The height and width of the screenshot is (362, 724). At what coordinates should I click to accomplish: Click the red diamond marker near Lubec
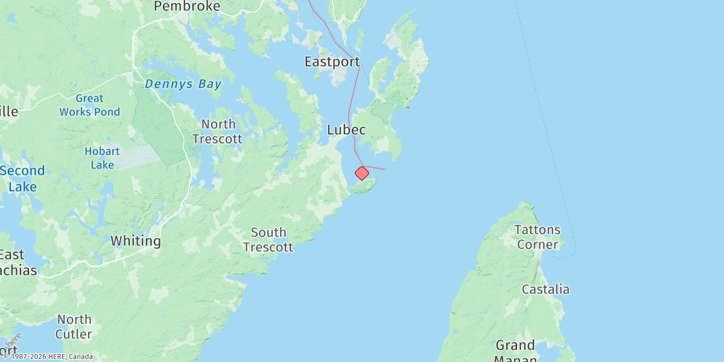point(362,174)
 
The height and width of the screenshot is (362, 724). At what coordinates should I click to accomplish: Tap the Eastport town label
point(332,62)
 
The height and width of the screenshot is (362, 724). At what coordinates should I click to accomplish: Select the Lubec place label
point(346,130)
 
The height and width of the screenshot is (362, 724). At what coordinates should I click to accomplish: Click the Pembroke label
point(187,6)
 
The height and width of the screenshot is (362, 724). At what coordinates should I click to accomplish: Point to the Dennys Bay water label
point(183,84)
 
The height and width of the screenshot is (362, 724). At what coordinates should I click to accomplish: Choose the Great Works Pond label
point(90,105)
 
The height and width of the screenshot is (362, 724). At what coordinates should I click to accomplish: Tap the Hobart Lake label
point(102,158)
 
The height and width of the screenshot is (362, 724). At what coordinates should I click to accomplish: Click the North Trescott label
point(218,132)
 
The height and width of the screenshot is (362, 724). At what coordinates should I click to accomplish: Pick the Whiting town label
point(136,241)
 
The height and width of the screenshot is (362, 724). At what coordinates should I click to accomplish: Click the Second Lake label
point(22,179)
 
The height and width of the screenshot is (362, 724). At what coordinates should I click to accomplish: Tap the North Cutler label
point(74,326)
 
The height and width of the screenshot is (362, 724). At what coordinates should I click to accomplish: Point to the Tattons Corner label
point(537,237)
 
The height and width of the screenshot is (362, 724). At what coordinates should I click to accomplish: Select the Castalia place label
point(545,289)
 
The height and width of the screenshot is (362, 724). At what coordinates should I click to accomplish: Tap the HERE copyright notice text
point(48,357)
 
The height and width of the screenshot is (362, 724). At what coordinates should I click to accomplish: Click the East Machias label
point(18,262)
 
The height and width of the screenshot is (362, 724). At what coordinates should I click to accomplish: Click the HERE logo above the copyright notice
point(13,341)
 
